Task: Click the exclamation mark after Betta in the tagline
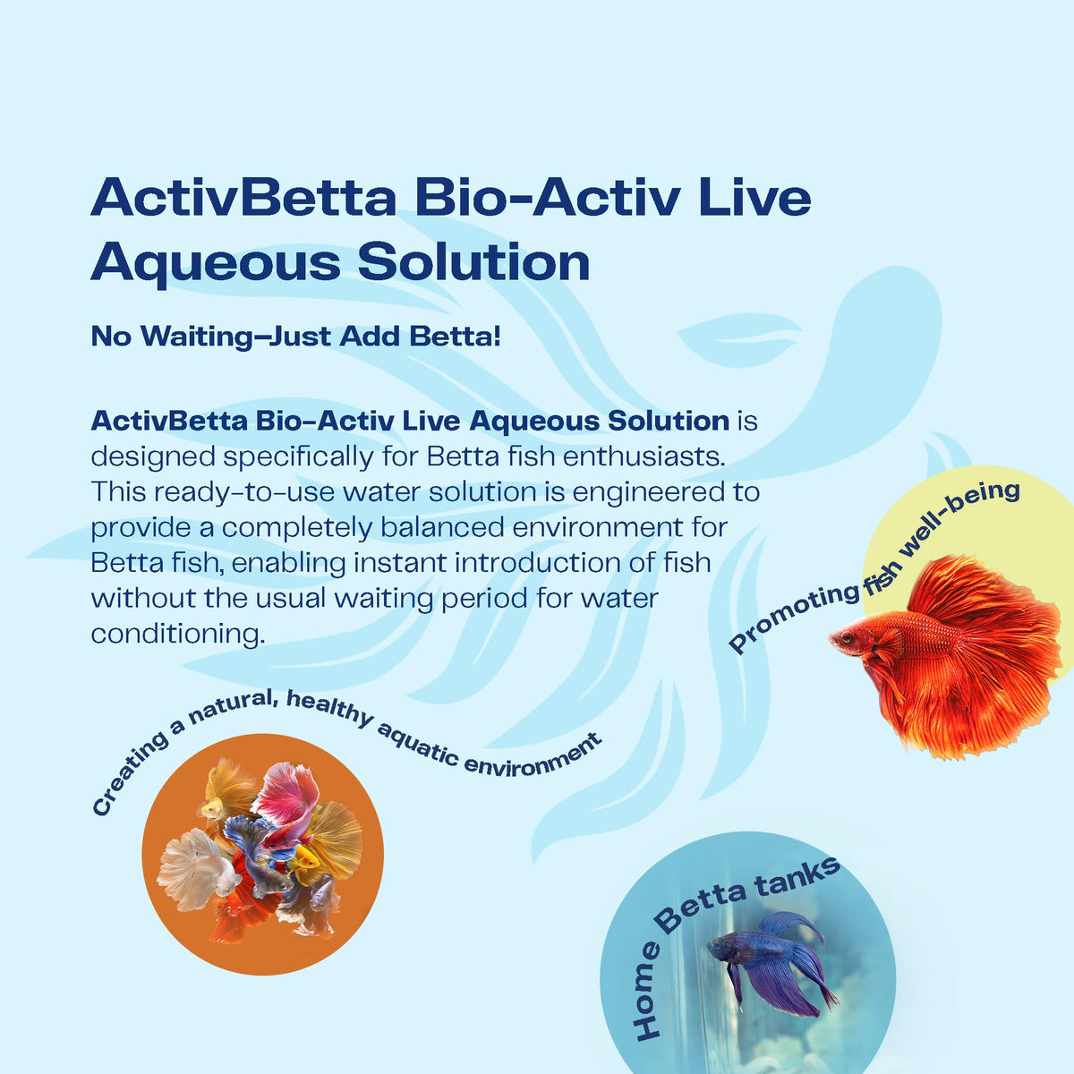(x=497, y=337)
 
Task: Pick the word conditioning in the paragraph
(x=178, y=635)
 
